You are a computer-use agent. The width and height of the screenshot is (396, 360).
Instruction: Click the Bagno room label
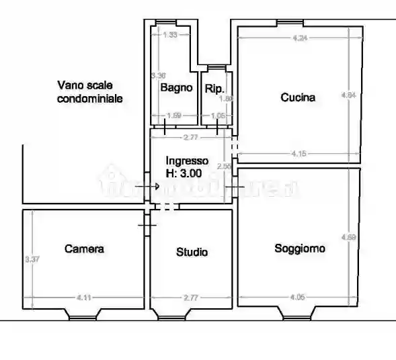coord(176,87)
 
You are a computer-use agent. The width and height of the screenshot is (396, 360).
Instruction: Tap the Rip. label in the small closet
coord(214,88)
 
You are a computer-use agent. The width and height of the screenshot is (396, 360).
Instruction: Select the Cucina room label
coord(297,97)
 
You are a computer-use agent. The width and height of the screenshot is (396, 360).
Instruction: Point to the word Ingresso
coord(187,161)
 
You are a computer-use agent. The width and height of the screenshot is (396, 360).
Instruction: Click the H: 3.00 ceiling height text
coord(184,173)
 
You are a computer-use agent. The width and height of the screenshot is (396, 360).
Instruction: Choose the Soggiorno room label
coord(300,249)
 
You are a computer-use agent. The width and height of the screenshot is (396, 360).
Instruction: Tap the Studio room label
coord(192,253)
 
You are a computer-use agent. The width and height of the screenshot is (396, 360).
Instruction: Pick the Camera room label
coord(84,249)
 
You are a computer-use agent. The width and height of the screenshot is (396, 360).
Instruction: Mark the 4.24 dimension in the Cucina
coord(300,38)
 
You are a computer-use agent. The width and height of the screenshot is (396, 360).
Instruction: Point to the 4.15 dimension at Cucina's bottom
coord(299,154)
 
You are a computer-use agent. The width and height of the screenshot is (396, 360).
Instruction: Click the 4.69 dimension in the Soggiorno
coord(348,237)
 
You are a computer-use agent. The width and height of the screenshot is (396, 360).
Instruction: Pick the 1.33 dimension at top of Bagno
coord(171,35)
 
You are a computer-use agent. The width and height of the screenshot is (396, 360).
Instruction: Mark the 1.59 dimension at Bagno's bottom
coord(173,116)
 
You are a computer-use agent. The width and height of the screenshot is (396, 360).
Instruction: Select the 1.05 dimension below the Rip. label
coord(217,116)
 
